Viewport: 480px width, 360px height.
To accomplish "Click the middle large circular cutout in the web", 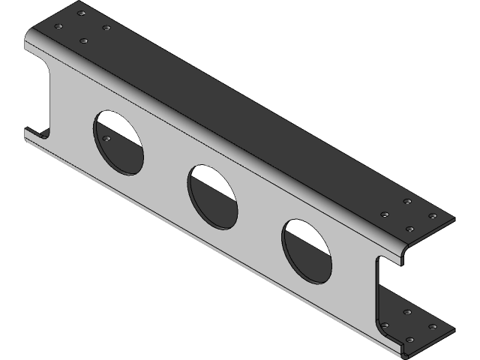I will click(212, 196).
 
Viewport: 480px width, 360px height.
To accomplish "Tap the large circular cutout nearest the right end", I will click(307, 250).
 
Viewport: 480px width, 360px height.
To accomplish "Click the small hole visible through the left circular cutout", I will click(106, 139).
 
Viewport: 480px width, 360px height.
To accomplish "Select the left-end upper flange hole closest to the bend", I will click(84, 40).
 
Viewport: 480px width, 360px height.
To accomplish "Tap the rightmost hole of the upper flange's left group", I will click(106, 28).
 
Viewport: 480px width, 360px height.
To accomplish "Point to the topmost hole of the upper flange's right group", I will click(407, 202).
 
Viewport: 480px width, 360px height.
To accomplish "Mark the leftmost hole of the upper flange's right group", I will click(384, 214).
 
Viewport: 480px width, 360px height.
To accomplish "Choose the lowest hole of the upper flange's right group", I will click(409, 228).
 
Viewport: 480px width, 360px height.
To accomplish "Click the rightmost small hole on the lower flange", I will click(433, 326).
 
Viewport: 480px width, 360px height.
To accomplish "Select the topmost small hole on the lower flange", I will click(408, 312).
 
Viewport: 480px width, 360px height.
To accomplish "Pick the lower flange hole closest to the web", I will click(385, 325).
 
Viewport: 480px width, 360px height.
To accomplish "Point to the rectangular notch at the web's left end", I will click(39, 97).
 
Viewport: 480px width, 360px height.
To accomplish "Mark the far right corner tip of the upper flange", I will click(454, 219).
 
